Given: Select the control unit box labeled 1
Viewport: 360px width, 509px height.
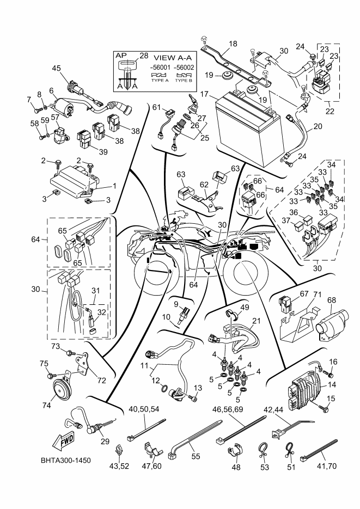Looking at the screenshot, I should tap(73, 180).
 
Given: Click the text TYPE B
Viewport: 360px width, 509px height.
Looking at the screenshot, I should tap(184, 80).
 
